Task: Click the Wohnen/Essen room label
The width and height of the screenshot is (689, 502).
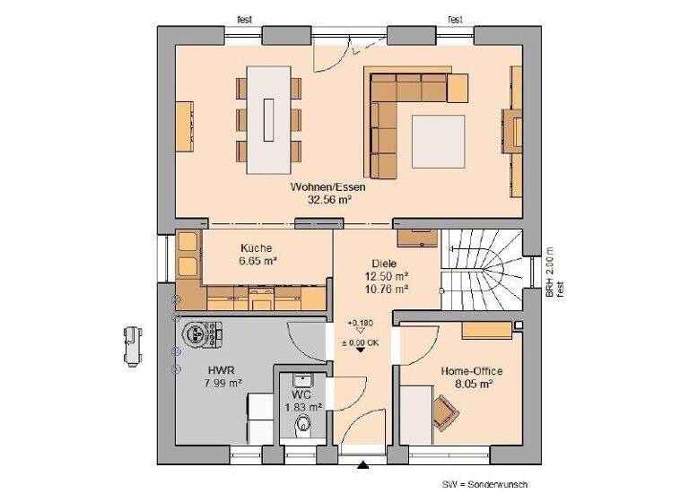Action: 327,188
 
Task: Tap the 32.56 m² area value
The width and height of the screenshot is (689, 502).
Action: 327,201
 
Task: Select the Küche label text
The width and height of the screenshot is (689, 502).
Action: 256,248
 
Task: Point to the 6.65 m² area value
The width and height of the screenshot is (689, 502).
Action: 257,261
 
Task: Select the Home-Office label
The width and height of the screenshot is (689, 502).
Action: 472,370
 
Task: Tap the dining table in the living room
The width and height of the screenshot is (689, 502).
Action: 269,116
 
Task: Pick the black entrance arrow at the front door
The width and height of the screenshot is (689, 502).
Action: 362,464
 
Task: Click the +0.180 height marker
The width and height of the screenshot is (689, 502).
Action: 361,323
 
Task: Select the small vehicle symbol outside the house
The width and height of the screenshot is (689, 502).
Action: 132,344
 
